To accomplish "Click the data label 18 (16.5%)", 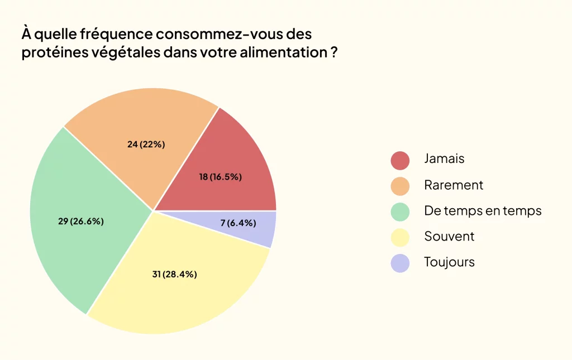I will point(220,177).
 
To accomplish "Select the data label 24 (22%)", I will point(146,144).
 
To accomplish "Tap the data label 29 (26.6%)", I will point(81,221).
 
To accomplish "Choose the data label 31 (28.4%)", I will point(174,274).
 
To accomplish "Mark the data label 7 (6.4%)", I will point(238,223).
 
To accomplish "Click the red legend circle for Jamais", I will point(400,160).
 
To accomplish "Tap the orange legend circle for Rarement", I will point(400,185).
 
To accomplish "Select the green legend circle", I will point(400,212).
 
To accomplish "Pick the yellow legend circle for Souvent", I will point(400,237).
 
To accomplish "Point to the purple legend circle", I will point(400,262).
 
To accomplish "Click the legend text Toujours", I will point(449,262).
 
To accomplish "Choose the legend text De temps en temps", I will point(483,210).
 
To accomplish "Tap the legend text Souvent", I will point(449,236).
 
